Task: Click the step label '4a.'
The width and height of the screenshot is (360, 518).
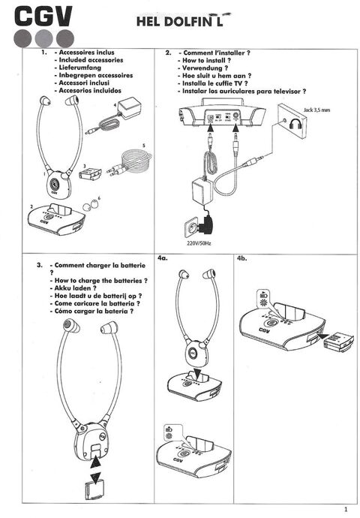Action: (163, 258)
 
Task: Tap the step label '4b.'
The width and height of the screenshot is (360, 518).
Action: (243, 258)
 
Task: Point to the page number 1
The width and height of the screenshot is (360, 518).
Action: (345, 508)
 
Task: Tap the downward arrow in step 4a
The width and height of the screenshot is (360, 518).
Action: (193, 373)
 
